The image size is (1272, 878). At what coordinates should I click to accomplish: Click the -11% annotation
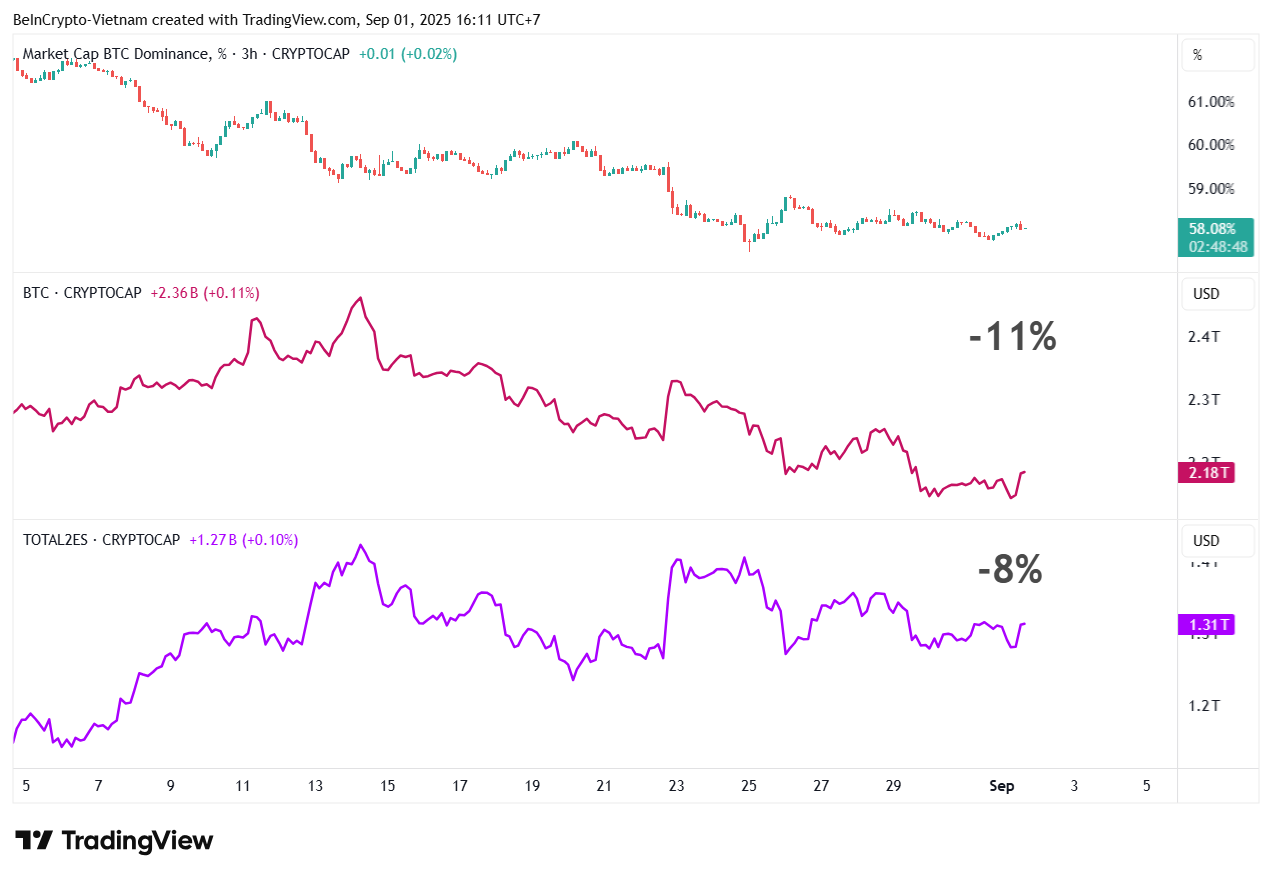point(1012,337)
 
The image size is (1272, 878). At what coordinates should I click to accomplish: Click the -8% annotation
point(1010,570)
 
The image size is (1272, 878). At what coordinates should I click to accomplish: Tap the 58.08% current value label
point(1211,229)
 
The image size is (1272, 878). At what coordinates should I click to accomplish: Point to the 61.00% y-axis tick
point(1210,101)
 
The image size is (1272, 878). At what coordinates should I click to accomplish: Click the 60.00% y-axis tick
point(1210,144)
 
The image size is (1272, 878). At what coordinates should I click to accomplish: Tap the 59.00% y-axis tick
point(1210,188)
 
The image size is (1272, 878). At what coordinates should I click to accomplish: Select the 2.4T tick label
point(1203,336)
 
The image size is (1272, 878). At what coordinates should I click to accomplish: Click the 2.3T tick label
point(1203,399)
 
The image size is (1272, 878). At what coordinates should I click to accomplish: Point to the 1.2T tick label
point(1203,705)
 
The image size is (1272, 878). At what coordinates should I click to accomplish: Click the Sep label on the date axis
point(1001,786)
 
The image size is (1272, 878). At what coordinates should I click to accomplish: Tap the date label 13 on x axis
point(315,786)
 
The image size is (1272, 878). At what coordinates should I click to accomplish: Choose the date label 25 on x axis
point(749,786)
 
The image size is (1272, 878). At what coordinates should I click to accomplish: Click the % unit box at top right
point(1217,56)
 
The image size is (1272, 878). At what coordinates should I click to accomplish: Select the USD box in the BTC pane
point(1217,295)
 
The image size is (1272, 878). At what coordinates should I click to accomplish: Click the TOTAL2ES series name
point(58,540)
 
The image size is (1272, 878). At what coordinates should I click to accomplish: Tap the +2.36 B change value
point(174,293)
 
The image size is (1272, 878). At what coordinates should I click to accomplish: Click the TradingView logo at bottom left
point(113,840)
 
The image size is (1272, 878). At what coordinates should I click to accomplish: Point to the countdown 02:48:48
point(1217,246)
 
